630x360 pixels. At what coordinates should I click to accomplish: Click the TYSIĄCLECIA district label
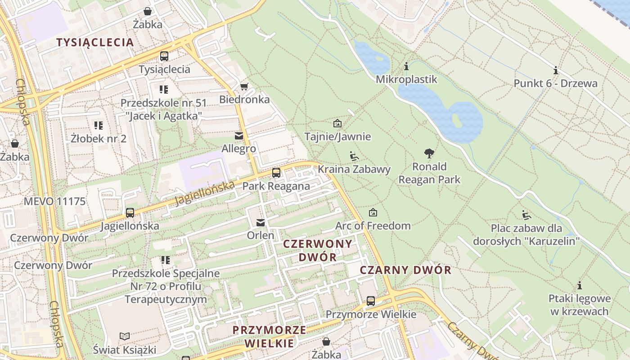point(95,42)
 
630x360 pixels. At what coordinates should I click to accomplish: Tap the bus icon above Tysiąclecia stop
point(164,56)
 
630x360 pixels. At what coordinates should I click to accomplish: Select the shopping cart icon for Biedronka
point(244,86)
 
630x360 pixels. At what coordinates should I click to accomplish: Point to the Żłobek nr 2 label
point(99,138)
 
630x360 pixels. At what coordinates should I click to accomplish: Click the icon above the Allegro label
point(238,135)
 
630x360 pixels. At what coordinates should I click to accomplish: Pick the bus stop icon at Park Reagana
point(276,173)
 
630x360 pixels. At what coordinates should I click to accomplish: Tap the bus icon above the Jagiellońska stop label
point(130,212)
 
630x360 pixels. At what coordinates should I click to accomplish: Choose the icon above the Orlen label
point(261,222)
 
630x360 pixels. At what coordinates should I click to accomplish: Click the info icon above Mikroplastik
point(406,67)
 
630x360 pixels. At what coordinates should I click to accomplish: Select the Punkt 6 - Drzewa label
point(556,83)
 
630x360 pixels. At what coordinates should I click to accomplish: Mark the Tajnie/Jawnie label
point(337,136)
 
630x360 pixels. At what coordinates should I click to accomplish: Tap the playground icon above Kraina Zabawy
point(354,156)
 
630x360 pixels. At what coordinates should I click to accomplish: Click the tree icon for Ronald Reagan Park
point(429,153)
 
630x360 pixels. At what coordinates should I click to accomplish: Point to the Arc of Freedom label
point(373,225)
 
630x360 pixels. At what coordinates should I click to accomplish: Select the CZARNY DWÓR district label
point(405,270)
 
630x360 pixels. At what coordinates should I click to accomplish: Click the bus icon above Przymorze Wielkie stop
point(371,301)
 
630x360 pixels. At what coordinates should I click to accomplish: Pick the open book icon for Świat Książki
point(125,336)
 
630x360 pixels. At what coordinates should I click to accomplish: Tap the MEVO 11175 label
point(54,201)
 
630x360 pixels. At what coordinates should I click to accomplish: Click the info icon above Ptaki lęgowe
point(580,285)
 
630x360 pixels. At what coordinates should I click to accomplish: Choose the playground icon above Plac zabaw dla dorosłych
point(526,215)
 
